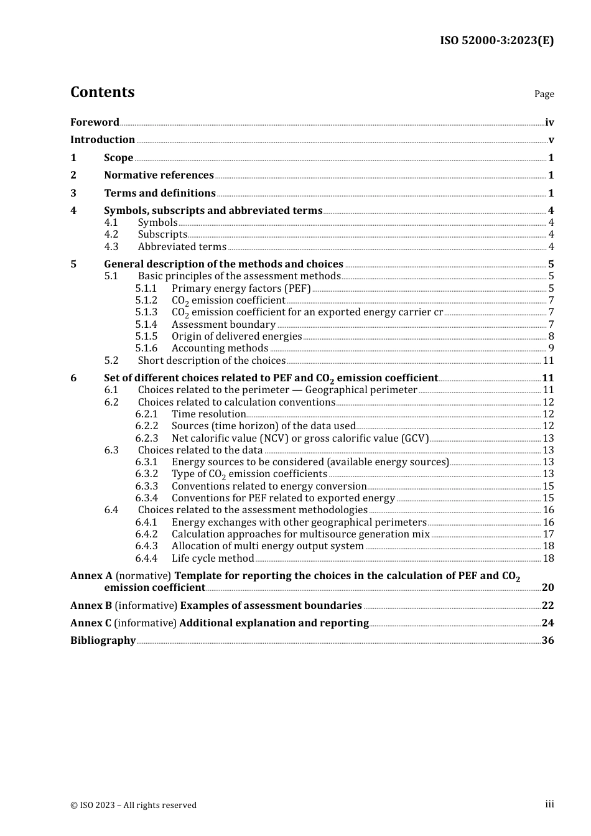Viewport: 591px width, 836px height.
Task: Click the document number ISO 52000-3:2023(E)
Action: pos(496,40)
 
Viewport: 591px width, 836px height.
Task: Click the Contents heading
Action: pos(102,92)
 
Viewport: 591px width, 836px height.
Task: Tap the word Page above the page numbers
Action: pos(544,94)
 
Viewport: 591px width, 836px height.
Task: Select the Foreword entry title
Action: pos(95,123)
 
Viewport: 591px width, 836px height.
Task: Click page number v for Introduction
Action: pos(551,140)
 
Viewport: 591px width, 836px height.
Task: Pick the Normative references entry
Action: pos(159,175)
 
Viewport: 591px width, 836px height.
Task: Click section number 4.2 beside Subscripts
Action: pos(111,235)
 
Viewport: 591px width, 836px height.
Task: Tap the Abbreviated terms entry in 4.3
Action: pos(182,247)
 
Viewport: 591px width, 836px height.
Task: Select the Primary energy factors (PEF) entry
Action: pos(241,289)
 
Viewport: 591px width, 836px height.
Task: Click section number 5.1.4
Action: pos(146,325)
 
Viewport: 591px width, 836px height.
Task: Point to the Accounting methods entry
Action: pos(220,348)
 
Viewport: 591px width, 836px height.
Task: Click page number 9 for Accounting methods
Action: pos(551,348)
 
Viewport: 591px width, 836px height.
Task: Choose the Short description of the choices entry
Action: pos(212,361)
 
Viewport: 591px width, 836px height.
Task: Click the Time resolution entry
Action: pos(208,414)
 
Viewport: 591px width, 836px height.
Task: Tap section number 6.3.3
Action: pos(146,486)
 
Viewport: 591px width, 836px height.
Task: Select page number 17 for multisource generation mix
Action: pos(548,534)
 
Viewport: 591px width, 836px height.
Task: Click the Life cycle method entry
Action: pos(213,559)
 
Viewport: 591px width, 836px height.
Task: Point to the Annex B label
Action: pos(91,606)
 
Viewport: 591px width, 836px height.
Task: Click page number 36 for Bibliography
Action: pos(547,641)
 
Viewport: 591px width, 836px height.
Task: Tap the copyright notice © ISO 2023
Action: pos(133,805)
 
